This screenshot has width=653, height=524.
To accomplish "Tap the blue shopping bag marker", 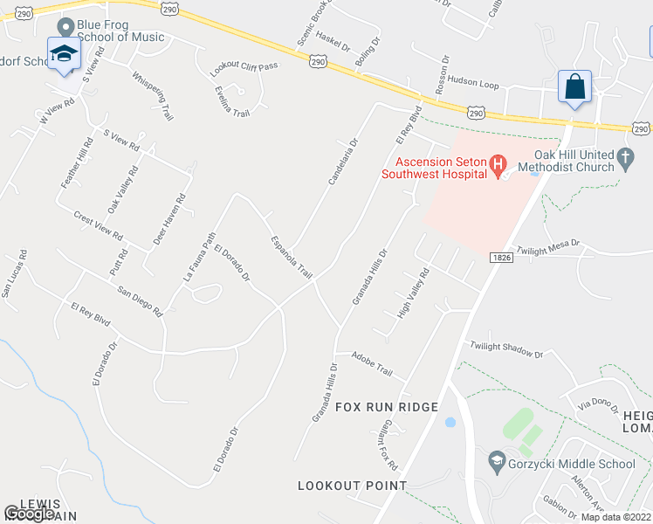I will [574, 87].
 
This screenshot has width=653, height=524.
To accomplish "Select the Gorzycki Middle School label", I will [572, 464].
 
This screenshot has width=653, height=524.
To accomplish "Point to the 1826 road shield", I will [500, 258].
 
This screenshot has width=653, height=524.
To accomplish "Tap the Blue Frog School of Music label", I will [120, 31].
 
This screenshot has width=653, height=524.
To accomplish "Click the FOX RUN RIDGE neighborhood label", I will [386, 407].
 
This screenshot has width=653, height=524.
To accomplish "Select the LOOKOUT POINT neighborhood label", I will [352, 486].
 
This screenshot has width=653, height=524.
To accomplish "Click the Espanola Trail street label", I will [292, 257].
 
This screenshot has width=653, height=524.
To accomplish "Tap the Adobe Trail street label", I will [372, 363].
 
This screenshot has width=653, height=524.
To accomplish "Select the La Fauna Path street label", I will [198, 257].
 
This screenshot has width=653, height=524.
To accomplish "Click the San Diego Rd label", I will [140, 300].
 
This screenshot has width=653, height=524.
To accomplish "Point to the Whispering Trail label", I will [154, 97].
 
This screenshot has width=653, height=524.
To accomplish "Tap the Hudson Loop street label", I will [474, 82].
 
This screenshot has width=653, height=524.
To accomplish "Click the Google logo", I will [30, 514].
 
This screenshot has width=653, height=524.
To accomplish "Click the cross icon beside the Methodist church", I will [625, 158].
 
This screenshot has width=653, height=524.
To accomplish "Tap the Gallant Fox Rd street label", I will [387, 445].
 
